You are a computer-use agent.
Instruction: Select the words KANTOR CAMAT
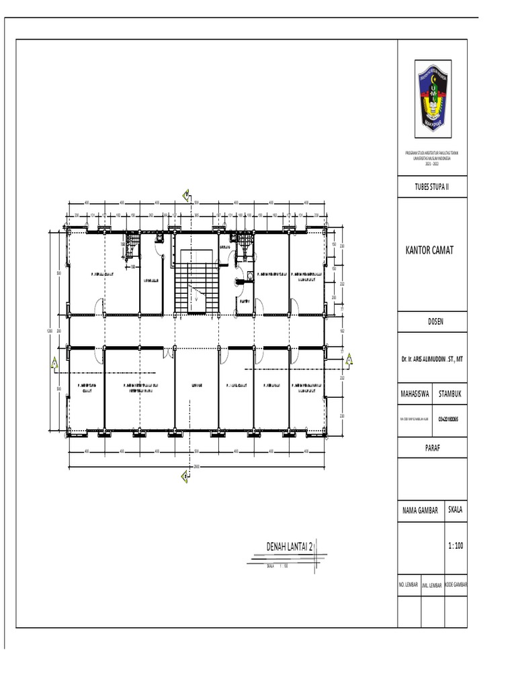pos(430,250)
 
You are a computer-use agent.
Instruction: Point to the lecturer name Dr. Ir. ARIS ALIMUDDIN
pos(433,360)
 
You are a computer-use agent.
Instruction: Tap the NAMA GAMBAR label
pos(419,511)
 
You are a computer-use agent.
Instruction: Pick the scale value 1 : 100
pos(455,546)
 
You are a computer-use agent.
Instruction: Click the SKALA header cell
pos(455,510)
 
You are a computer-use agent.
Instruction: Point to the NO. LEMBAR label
pos(409,585)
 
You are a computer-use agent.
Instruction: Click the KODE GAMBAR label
pos(456,585)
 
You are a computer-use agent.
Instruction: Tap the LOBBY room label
pos(196,386)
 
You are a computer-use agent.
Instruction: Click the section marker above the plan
pos(185,195)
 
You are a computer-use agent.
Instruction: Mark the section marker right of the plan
pos(349,362)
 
